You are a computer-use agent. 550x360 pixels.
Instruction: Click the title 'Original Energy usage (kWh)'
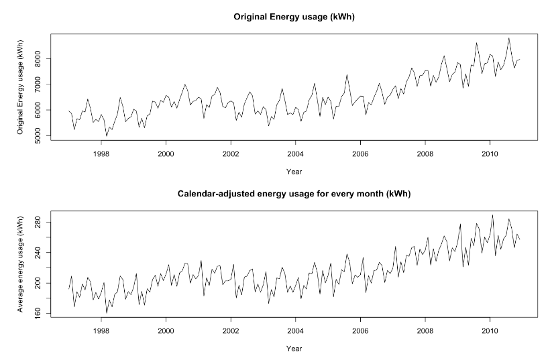point(294,17)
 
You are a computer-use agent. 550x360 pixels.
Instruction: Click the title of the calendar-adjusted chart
point(294,194)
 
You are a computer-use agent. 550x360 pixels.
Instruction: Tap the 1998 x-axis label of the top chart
point(101,154)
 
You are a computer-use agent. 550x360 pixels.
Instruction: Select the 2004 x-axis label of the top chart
point(296,154)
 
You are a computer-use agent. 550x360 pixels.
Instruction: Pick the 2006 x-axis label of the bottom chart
point(360,331)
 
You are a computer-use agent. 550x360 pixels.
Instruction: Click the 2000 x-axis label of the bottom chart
point(166,331)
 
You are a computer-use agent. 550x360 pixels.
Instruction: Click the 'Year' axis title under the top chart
point(294,172)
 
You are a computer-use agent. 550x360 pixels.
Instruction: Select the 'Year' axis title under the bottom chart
point(294,349)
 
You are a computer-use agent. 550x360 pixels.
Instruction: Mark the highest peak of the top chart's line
point(508,38)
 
